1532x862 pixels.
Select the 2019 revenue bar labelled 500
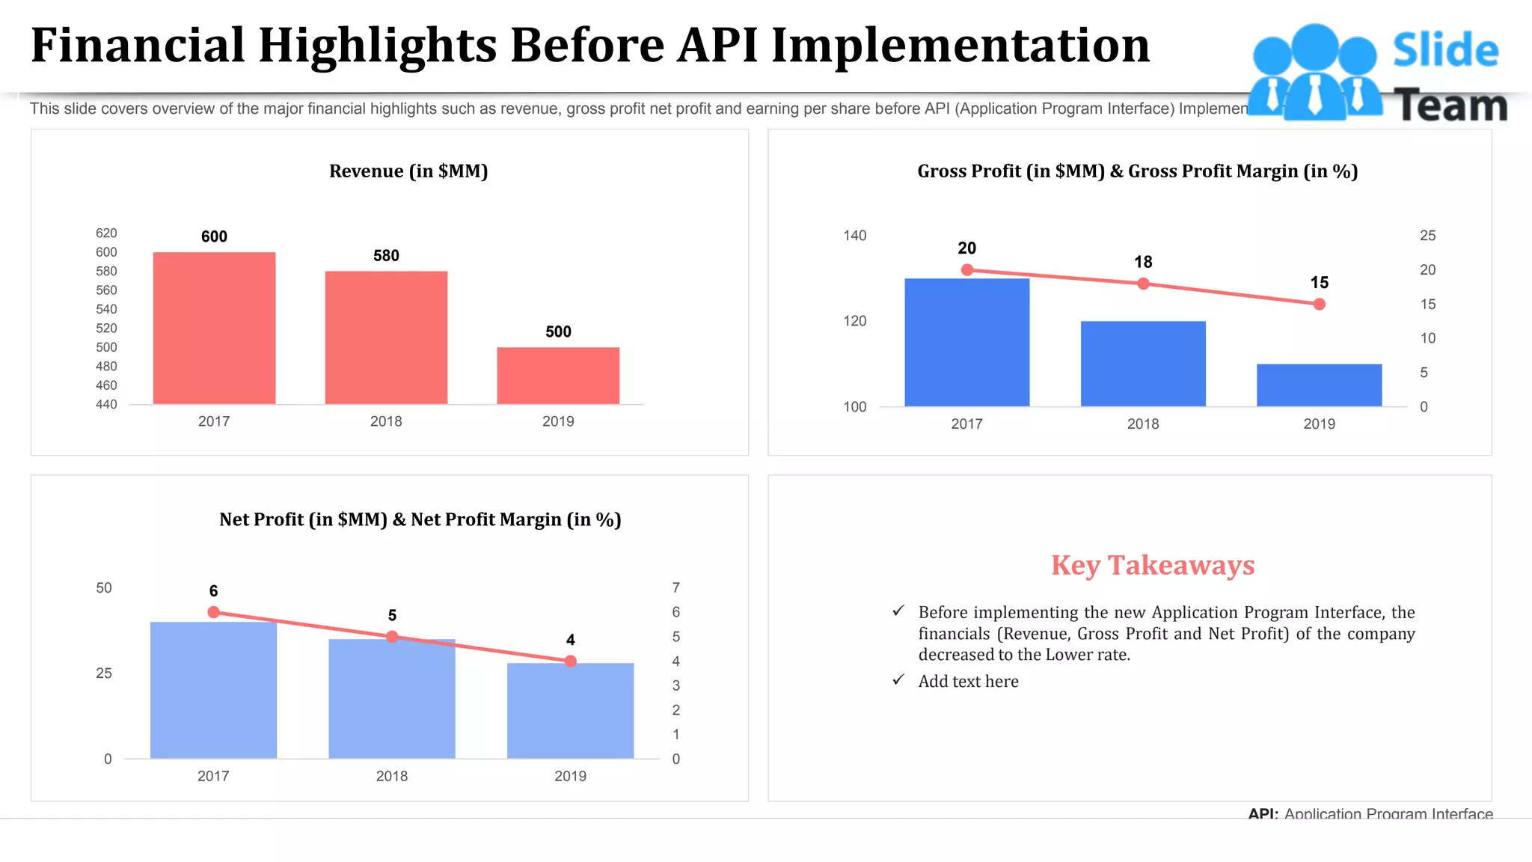coord(558,376)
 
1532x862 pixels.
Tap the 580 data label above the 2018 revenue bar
coord(386,256)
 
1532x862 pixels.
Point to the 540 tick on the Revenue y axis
coord(106,309)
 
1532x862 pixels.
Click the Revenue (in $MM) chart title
coord(408,171)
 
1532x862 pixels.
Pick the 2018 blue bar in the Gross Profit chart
coord(1143,364)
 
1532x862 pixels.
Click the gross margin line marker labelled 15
coord(1320,304)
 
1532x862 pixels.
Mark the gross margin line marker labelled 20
coord(967,269)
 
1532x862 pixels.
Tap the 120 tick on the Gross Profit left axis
coord(855,321)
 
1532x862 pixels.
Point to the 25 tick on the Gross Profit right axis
coord(1427,236)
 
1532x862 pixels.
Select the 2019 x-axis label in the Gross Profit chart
coord(1319,424)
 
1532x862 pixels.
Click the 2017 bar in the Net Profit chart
coord(213,690)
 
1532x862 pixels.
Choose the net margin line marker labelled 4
coord(571,661)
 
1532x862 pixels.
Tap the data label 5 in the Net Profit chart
coord(392,616)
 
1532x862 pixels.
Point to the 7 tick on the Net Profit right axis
coord(675,588)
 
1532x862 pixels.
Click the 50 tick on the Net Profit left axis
coord(104,588)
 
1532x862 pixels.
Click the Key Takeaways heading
coord(1152,566)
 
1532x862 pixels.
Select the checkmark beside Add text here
coord(898,679)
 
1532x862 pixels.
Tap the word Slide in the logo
coord(1445,51)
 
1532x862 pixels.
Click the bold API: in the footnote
coord(1263,813)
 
